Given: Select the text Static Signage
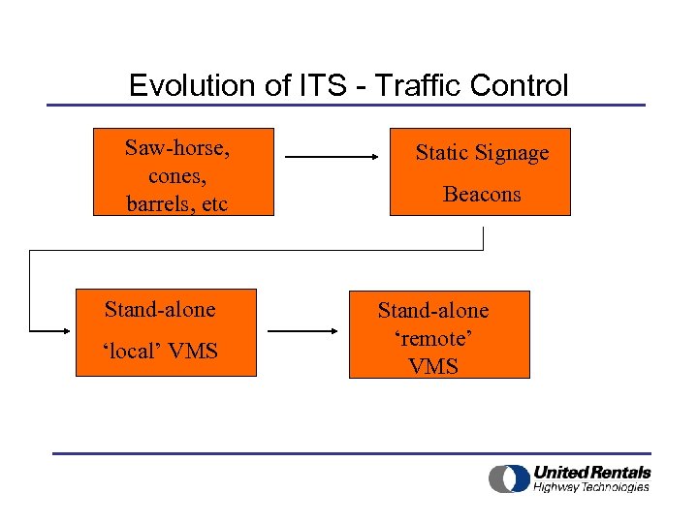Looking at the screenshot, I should tap(482, 152).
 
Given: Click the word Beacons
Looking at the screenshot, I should tap(482, 194).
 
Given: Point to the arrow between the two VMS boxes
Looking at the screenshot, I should tap(302, 331).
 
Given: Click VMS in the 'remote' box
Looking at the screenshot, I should tap(433, 366).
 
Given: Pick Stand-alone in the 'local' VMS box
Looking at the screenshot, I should tap(160, 309).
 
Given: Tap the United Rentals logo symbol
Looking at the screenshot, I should tap(508, 478).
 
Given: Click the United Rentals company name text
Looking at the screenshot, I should tap(591, 472).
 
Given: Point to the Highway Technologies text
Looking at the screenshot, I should tap(591, 487).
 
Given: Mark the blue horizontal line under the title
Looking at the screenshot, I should tap(346, 105).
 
